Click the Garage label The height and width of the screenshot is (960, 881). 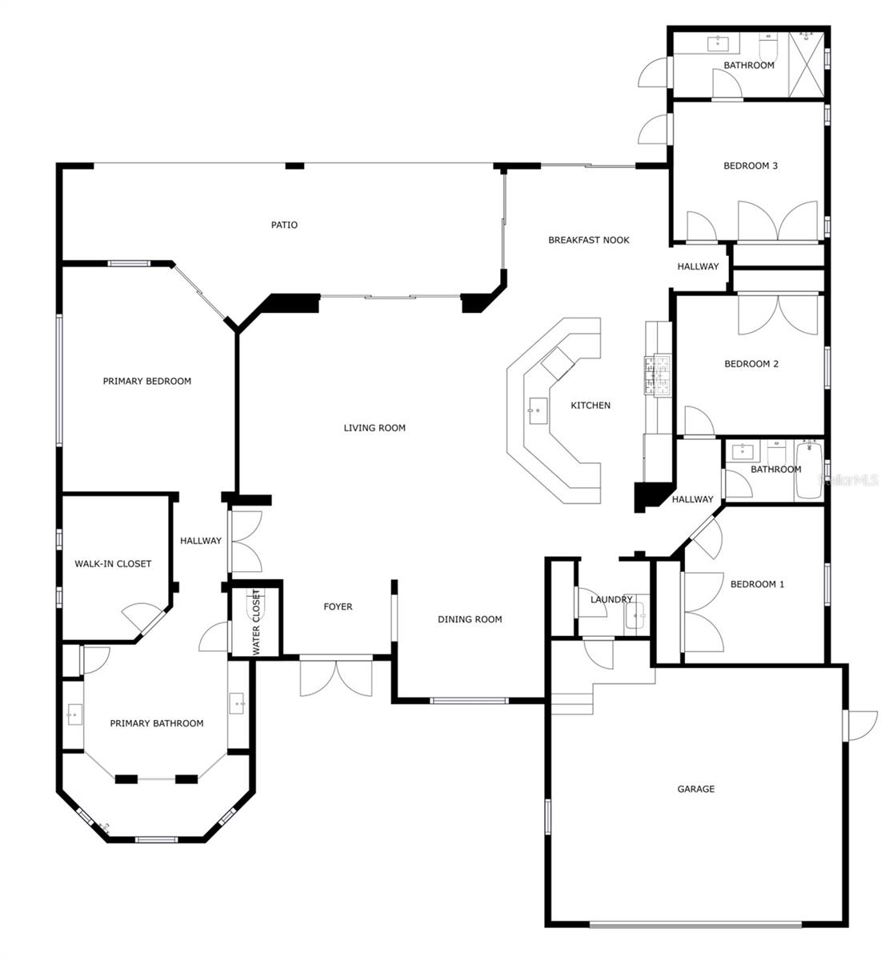(695, 789)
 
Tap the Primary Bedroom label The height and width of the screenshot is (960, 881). (147, 381)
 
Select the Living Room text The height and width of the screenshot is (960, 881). (374, 428)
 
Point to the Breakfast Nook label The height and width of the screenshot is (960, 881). (588, 240)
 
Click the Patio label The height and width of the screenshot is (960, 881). (284, 225)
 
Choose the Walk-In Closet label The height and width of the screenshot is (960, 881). (113, 564)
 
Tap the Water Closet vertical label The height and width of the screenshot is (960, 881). (256, 622)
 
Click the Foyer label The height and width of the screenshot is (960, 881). (338, 606)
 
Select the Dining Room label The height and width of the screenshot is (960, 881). (470, 619)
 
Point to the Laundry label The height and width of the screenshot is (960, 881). (611, 599)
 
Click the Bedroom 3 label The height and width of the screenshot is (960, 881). (751, 166)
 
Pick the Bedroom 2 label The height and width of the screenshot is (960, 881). (751, 364)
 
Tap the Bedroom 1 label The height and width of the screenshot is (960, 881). (757, 584)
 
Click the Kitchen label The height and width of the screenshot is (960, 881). (591, 406)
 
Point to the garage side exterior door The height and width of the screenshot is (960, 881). (859, 725)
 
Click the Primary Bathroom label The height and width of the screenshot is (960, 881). (156, 723)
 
